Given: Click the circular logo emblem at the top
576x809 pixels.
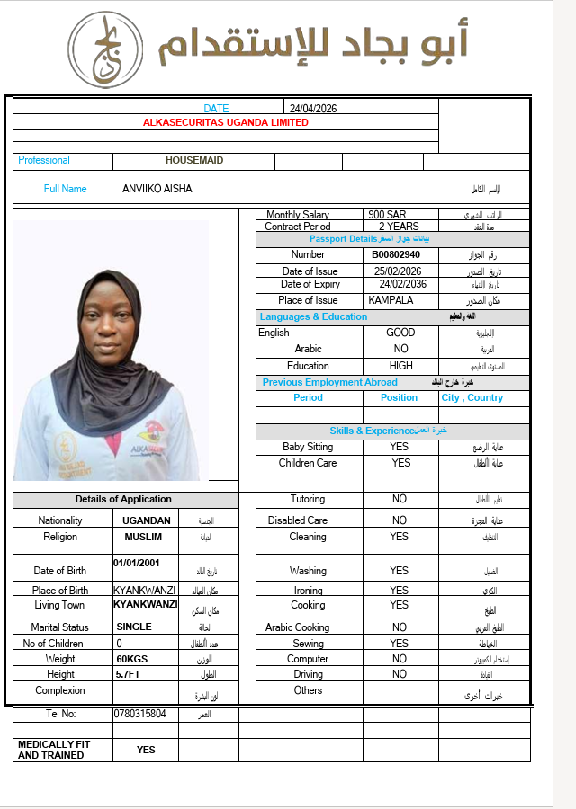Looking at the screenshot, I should click(x=106, y=50).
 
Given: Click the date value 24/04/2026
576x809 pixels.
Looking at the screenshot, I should click(x=313, y=109).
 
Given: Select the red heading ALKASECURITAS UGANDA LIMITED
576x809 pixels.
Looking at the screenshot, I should click(x=225, y=122).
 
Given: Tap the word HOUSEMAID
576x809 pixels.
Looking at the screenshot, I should click(x=194, y=160).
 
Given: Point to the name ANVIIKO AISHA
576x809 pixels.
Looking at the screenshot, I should click(x=157, y=189).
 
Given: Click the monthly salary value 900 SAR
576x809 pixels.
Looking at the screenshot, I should click(x=388, y=215).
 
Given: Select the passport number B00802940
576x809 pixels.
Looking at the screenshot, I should click(x=396, y=254).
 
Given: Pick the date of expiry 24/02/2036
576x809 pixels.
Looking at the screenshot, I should click(x=402, y=284).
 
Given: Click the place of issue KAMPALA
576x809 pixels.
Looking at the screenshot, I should click(x=391, y=300).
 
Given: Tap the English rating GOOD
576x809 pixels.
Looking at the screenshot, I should click(x=400, y=333).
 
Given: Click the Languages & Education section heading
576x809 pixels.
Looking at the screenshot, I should click(x=313, y=316).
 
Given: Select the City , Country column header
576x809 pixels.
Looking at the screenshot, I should click(x=472, y=397).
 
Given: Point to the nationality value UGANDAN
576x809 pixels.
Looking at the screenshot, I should click(x=147, y=520).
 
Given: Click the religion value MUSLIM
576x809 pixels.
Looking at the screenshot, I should click(x=143, y=537).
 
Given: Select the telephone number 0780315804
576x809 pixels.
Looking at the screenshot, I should click(x=139, y=714).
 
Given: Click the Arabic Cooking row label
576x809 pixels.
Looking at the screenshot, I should click(x=298, y=627).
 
